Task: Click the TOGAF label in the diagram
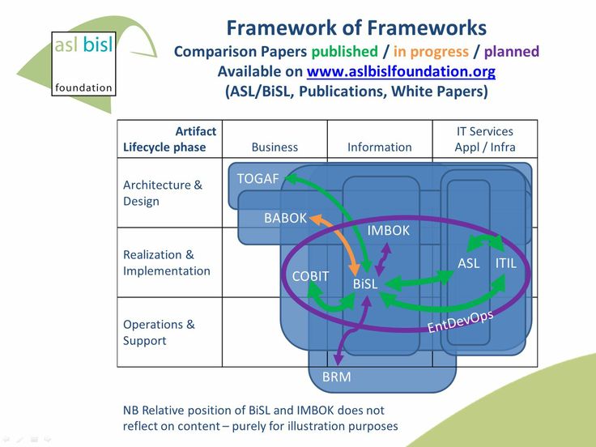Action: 258,179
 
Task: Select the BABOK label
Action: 285,218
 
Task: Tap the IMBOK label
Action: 389,231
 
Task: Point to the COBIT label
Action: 310,276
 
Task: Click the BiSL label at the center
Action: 365,284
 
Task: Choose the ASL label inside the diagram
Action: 469,263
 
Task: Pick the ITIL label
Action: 505,263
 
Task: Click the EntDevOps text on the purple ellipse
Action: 460,318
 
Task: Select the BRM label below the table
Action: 336,377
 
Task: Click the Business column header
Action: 275,147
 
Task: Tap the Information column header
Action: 379,147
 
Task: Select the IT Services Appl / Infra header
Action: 485,139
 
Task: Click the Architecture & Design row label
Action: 163,193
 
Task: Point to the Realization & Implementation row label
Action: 166,262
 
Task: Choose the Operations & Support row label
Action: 159,332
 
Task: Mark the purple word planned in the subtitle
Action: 511,51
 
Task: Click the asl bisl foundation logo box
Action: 83,63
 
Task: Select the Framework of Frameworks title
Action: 356,28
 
